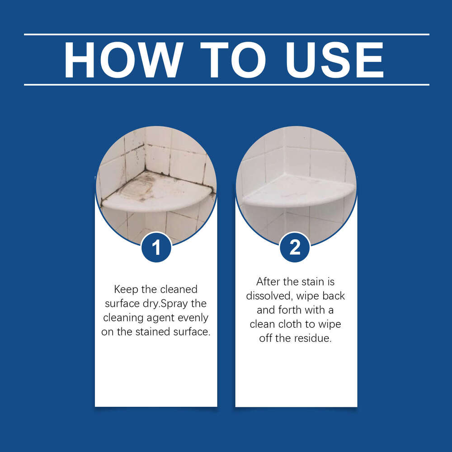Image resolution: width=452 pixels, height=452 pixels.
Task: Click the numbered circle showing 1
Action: [x=156, y=247]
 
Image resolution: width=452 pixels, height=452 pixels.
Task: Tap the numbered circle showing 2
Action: [x=295, y=247]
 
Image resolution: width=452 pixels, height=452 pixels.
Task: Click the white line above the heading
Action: [x=226, y=34]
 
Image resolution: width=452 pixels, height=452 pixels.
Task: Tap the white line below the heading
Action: [x=226, y=85]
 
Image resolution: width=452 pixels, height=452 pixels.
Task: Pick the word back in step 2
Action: [x=333, y=296]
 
